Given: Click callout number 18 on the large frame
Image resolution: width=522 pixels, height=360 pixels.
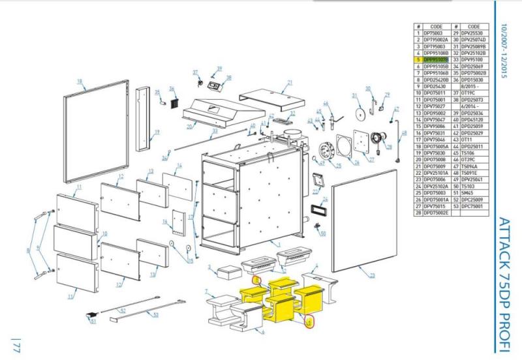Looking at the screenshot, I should coord(80,82).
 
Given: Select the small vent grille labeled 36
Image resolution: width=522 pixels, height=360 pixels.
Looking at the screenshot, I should coord(174,104).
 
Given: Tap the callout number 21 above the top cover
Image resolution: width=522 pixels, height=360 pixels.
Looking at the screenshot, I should coord(288,83).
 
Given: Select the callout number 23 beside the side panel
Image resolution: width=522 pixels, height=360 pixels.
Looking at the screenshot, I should coord(372,275).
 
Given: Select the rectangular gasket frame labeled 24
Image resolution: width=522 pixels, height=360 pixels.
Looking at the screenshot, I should coord(320,211).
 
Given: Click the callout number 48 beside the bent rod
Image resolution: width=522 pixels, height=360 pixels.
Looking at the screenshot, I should coord(403,134).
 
